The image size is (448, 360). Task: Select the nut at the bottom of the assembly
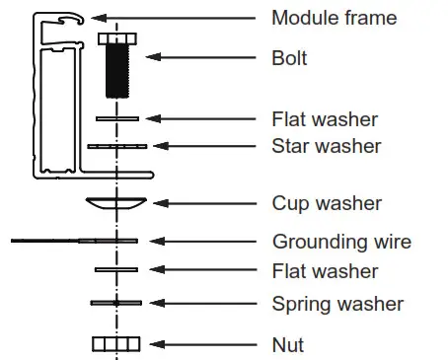116,343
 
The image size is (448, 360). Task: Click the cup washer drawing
116,202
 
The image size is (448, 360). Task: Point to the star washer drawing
116,146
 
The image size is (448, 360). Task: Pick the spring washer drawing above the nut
116,302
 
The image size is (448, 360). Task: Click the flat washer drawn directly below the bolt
116,118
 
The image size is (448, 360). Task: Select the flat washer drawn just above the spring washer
116,268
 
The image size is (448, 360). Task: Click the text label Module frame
335,18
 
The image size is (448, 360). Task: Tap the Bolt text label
289,58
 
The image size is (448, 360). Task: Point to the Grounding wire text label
341,241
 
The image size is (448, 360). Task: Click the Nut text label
287,344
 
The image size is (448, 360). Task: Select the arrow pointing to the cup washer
202,203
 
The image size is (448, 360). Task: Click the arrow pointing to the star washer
203,147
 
